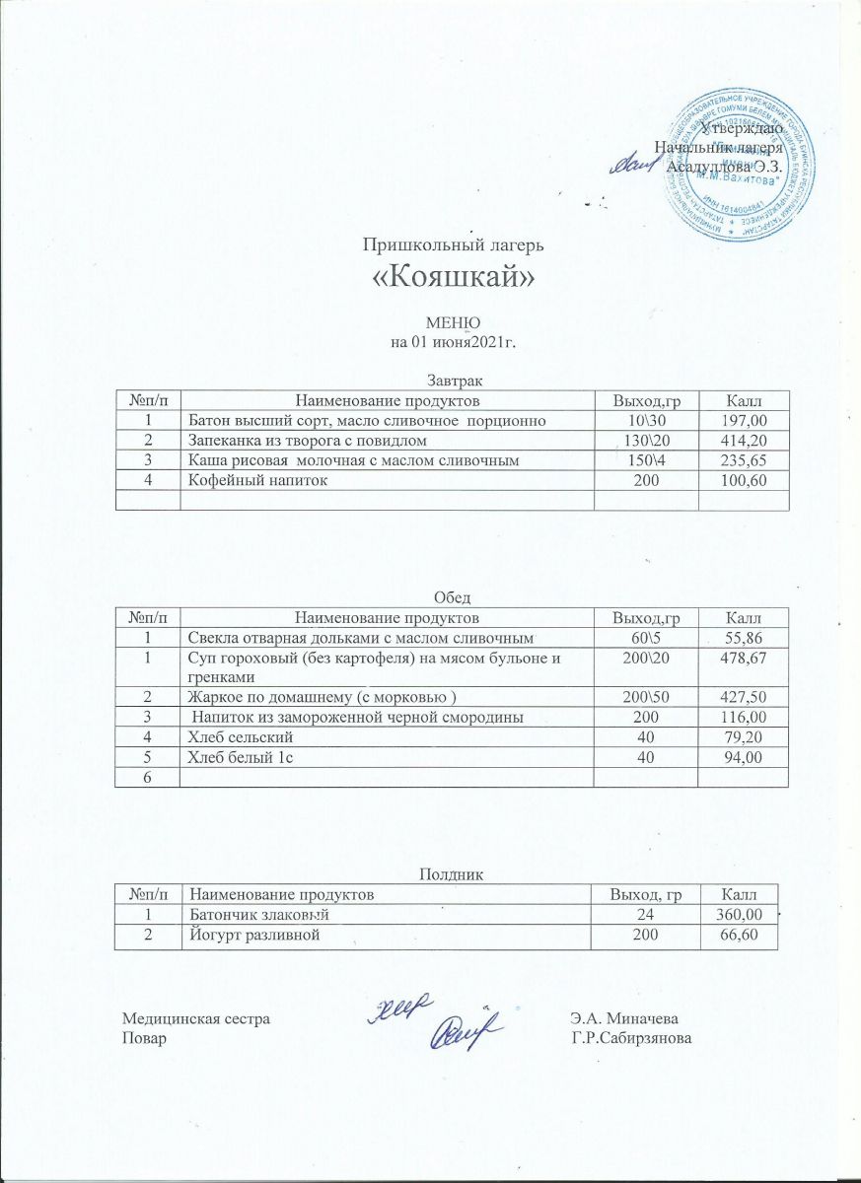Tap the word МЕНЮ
[x=452, y=322]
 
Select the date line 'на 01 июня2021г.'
[x=453, y=342]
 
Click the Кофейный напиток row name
[x=251, y=480]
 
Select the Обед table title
[x=453, y=597]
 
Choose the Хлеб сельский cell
[x=241, y=736]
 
